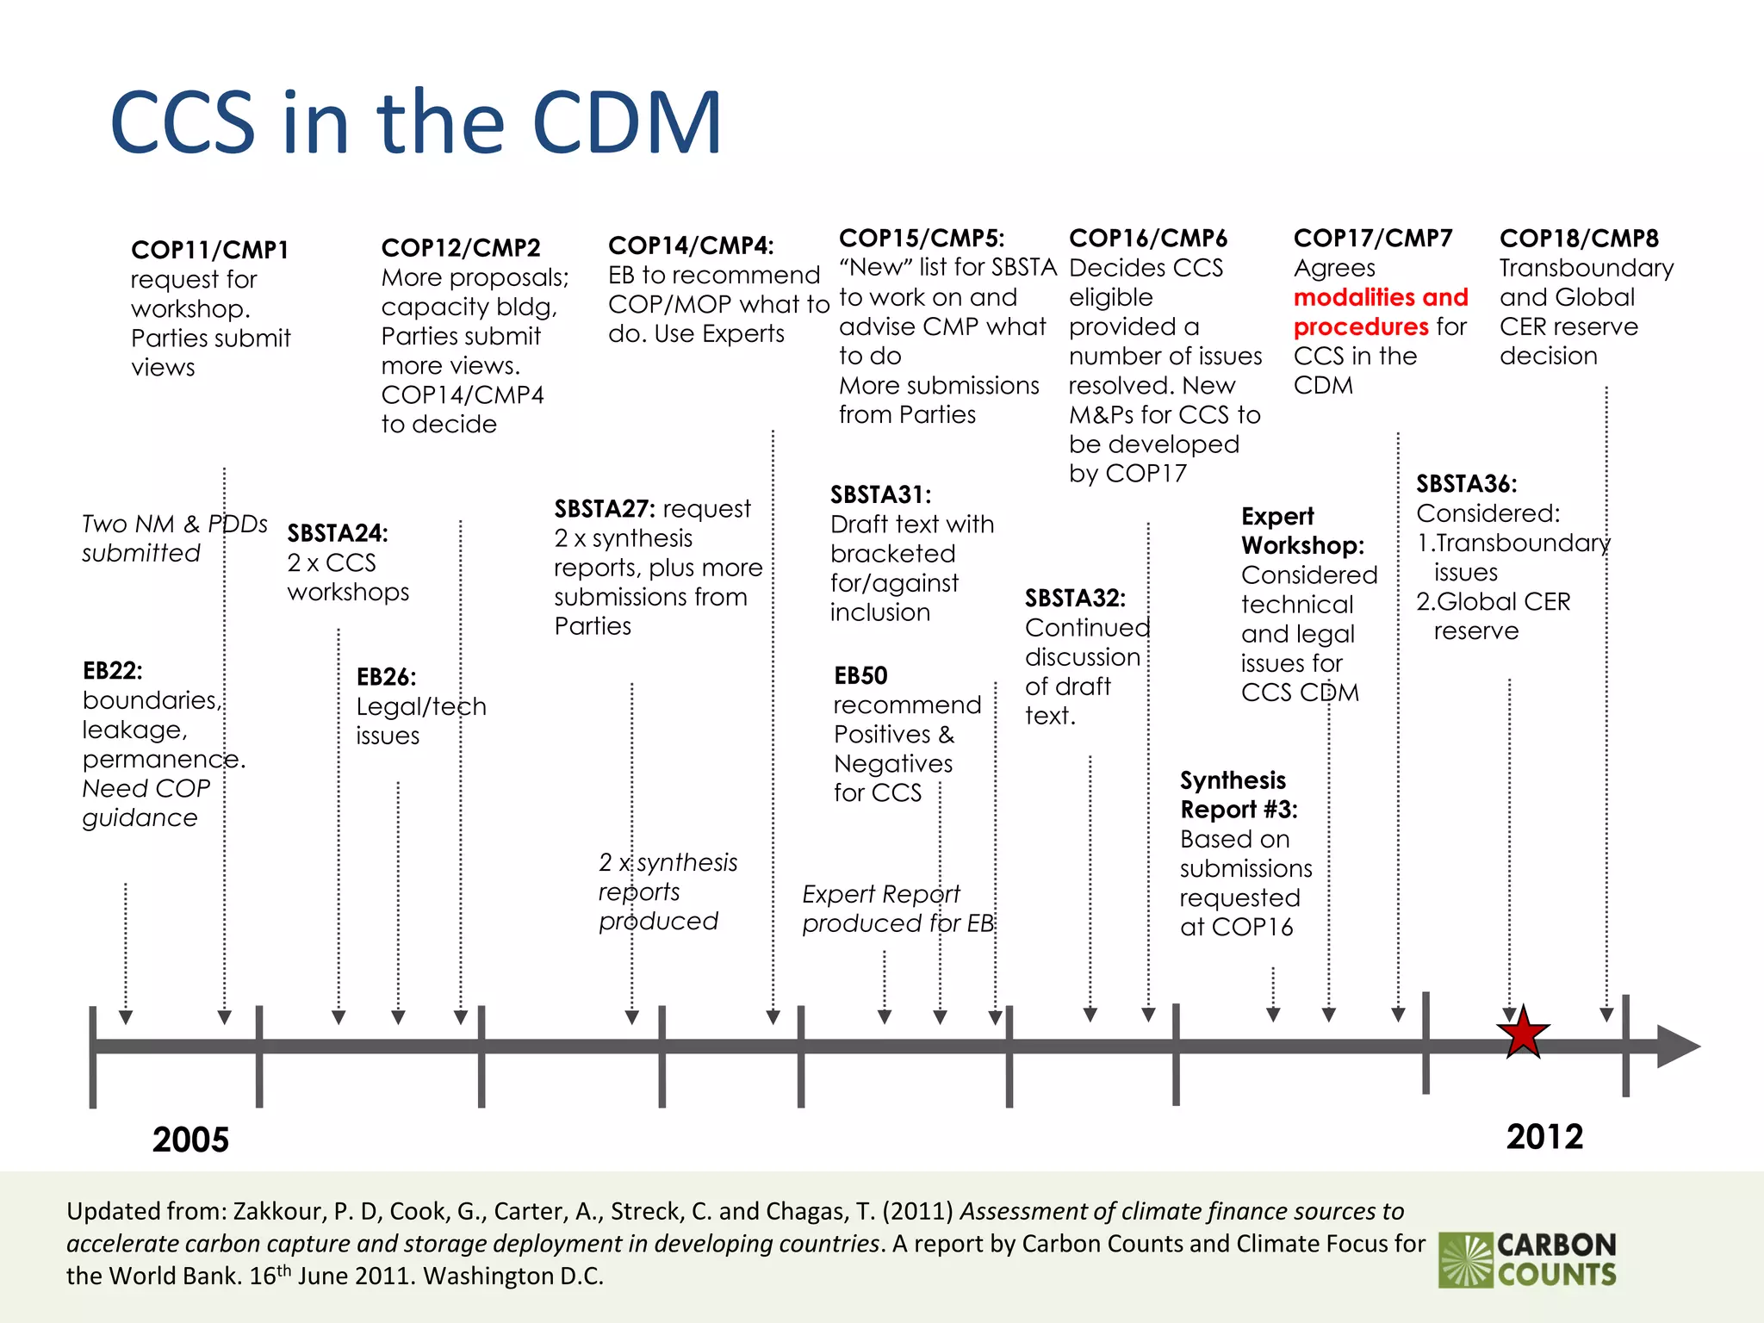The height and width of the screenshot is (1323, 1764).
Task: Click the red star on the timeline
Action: pyautogui.click(x=1523, y=1033)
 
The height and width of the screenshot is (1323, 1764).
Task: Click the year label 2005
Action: pyautogui.click(x=190, y=1140)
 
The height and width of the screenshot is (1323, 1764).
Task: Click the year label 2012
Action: pyautogui.click(x=1544, y=1137)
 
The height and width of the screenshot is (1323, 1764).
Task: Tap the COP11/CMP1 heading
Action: pyautogui.click(x=209, y=250)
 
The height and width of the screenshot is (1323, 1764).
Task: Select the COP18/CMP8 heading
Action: pyautogui.click(x=1578, y=238)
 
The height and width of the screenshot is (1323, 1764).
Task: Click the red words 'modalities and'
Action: pyautogui.click(x=1380, y=297)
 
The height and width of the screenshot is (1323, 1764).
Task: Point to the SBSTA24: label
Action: pyautogui.click(x=337, y=533)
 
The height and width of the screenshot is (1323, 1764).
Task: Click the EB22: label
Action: pyautogui.click(x=112, y=670)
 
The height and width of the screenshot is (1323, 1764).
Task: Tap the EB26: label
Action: pyautogui.click(x=386, y=677)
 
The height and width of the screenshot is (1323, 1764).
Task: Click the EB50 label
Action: pyautogui.click(x=860, y=675)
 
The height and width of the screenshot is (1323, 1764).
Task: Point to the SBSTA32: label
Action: pyautogui.click(x=1074, y=598)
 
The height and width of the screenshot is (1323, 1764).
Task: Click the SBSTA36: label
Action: pyautogui.click(x=1466, y=484)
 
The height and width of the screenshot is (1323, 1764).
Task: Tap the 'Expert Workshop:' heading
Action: pyautogui.click(x=1301, y=531)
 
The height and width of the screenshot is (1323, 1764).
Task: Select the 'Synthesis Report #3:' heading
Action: pyautogui.click(x=1238, y=794)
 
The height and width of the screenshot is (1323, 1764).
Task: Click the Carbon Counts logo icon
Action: pyautogui.click(x=1465, y=1260)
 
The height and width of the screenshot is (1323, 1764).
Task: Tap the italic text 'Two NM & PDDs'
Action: pyautogui.click(x=174, y=524)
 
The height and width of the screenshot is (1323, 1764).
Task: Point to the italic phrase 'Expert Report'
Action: pyautogui.click(x=880, y=894)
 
